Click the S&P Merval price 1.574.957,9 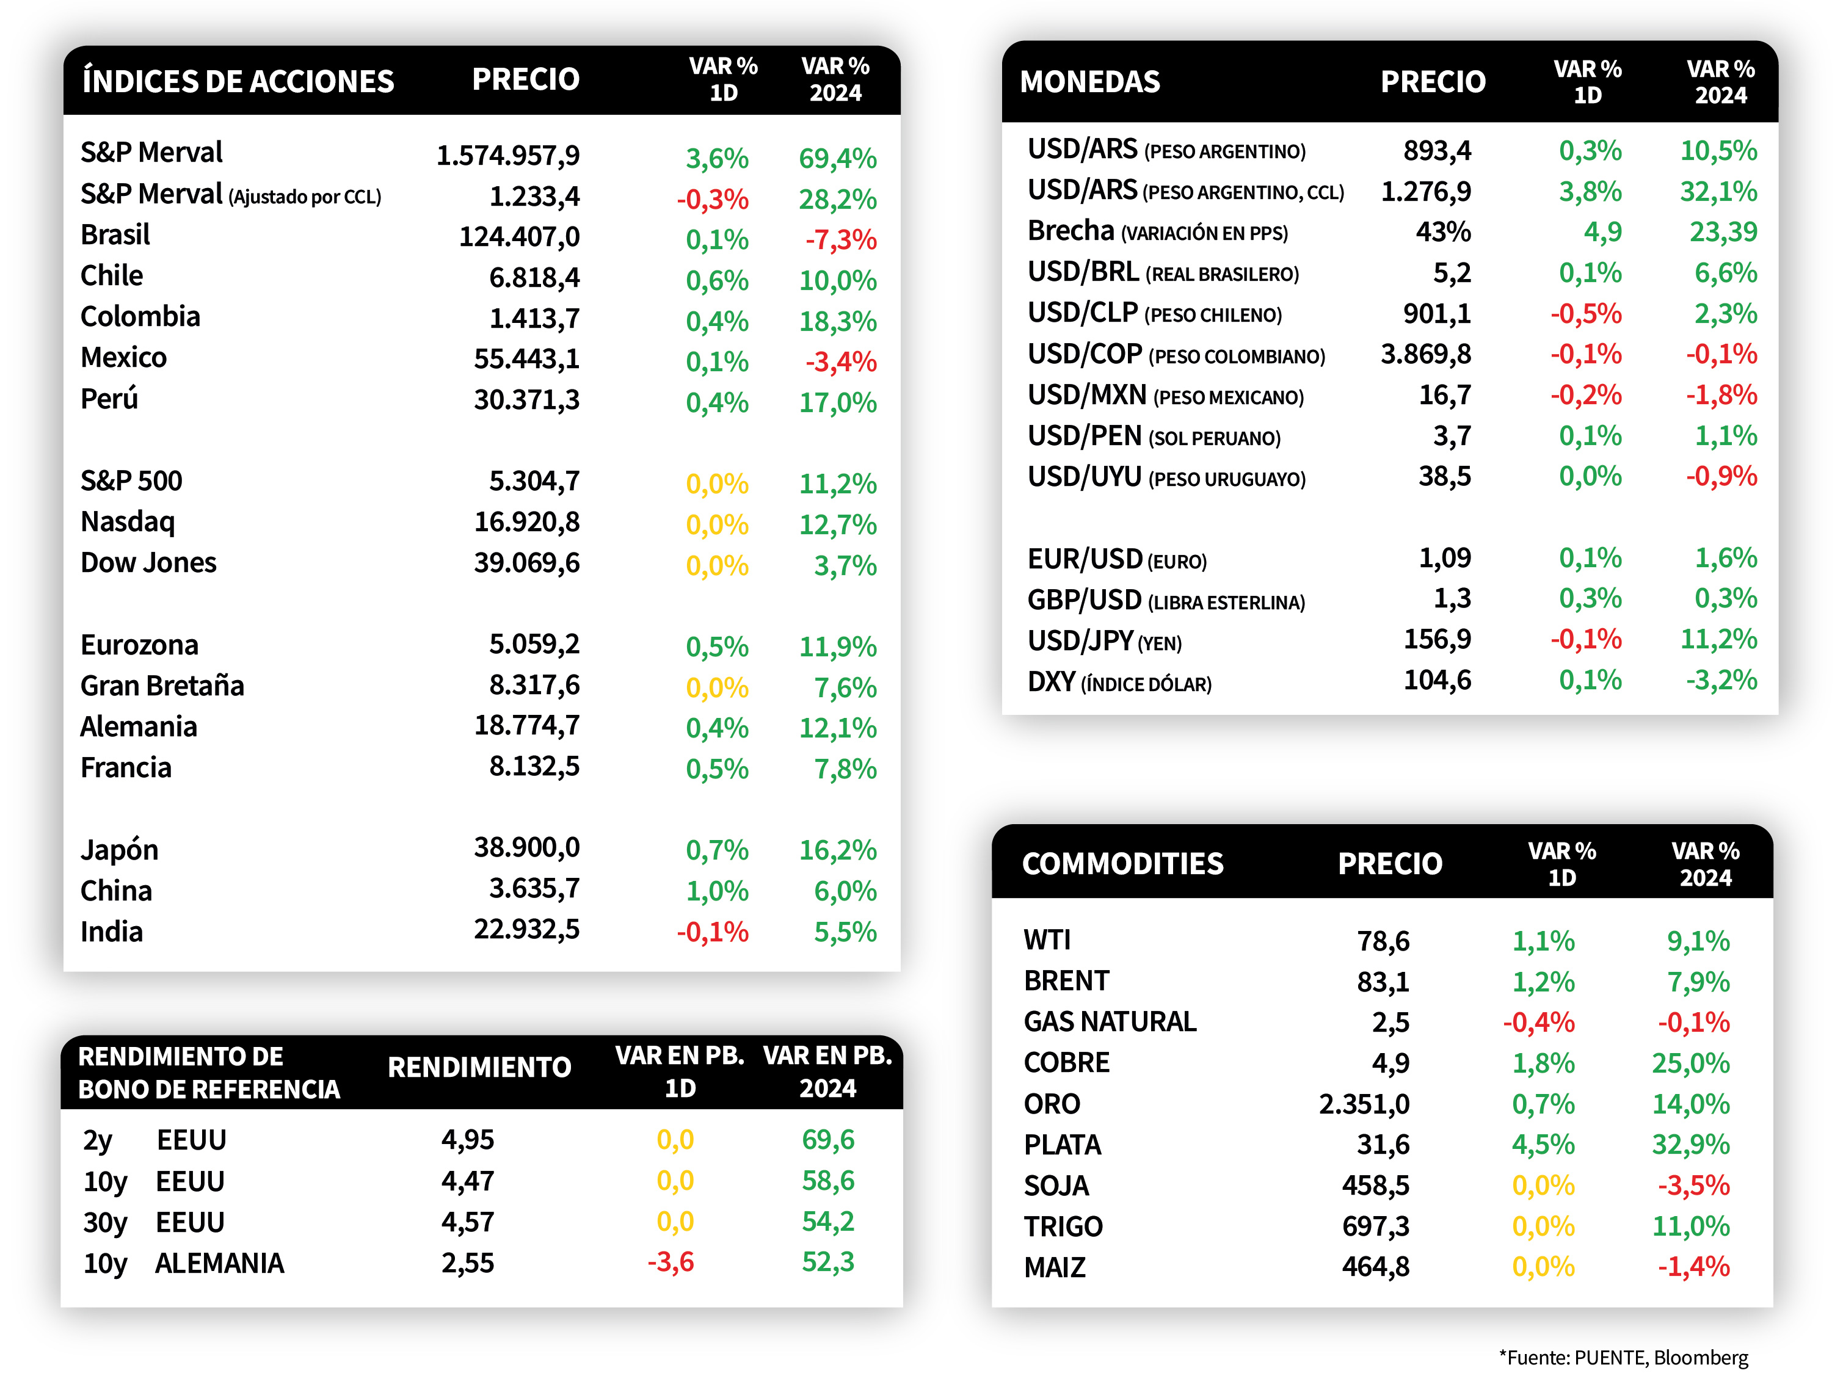pos(508,156)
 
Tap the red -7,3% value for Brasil pos(841,240)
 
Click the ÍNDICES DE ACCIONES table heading pos(238,80)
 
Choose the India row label pos(112,932)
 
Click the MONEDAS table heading pos(1090,82)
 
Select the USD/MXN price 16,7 pos(1445,395)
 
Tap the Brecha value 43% pos(1443,231)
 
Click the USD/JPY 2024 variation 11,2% pos(1718,640)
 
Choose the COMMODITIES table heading pos(1122,864)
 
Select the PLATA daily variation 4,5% pos(1543,1145)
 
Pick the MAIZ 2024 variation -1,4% pos(1693,1267)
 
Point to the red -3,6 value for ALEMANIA pos(671,1262)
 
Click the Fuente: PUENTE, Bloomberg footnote pos(1623,1357)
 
